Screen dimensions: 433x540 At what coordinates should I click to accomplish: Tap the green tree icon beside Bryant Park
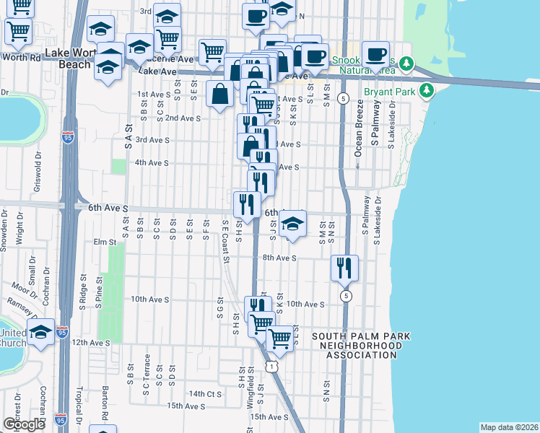click(x=428, y=90)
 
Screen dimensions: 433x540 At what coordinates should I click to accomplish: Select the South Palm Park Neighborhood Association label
click(x=357, y=346)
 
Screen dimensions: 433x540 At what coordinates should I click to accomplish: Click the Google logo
click(x=24, y=424)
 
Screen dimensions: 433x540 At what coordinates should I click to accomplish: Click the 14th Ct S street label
click(x=204, y=394)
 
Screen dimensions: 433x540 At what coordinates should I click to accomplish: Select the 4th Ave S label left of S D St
click(x=152, y=163)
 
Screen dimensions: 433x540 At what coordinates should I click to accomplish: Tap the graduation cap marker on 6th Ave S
click(x=292, y=224)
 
